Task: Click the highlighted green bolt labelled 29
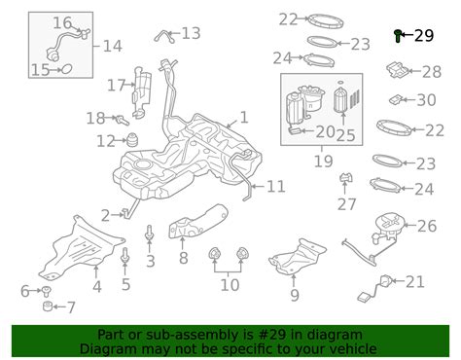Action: pyautogui.click(x=398, y=36)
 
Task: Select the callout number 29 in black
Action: pyautogui.click(x=424, y=35)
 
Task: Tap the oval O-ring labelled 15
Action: pyautogui.click(x=67, y=69)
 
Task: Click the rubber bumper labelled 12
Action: pyautogui.click(x=132, y=140)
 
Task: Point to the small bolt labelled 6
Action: pyautogui.click(x=46, y=291)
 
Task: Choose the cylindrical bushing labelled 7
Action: pyautogui.click(x=48, y=306)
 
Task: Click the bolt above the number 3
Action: pyautogui.click(x=149, y=233)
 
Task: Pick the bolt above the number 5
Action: pyautogui.click(x=124, y=256)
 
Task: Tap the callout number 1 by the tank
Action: pyautogui.click(x=244, y=118)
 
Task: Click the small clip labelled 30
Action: pyautogui.click(x=396, y=99)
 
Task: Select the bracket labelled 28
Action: pyautogui.click(x=398, y=70)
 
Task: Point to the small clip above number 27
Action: pyautogui.click(x=345, y=178)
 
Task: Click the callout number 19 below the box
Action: pyautogui.click(x=323, y=161)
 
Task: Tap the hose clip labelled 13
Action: pyautogui.click(x=165, y=36)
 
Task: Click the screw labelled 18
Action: pyautogui.click(x=123, y=120)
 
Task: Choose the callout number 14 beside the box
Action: pyautogui.click(x=113, y=46)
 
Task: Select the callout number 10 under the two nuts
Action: pyautogui.click(x=230, y=284)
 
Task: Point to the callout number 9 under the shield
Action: pyautogui.click(x=295, y=295)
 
